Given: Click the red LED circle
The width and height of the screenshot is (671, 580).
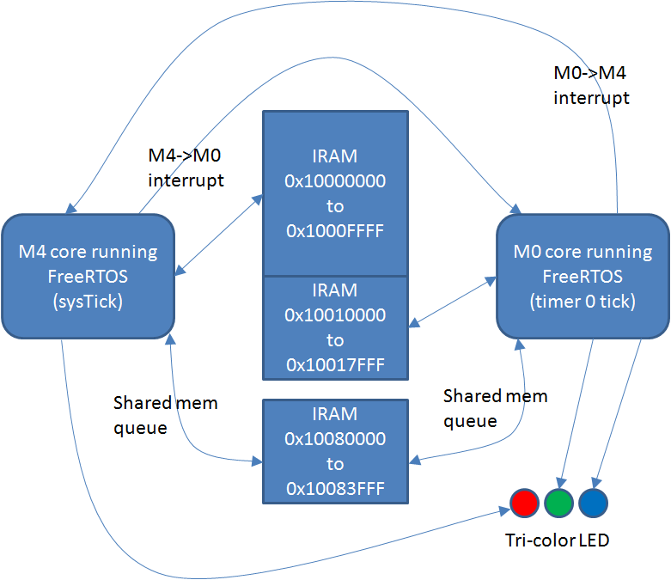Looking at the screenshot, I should coord(523,503).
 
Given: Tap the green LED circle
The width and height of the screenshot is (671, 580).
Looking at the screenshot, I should coord(558,503).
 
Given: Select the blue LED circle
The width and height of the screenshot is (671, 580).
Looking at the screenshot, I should coord(593,503).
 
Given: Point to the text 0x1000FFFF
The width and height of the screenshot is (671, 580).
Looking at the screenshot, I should coord(335,230).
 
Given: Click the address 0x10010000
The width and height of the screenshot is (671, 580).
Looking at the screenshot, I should coord(335,315).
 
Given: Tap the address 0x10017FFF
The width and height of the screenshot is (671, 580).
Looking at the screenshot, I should coord(335,365).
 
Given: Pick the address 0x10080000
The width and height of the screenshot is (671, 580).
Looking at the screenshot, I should coord(335,438).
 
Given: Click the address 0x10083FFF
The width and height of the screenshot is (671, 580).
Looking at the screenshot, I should coord(335,489).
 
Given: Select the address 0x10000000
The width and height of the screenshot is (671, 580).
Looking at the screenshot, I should coord(335,181).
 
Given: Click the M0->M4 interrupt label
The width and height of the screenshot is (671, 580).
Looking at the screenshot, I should coord(591,85).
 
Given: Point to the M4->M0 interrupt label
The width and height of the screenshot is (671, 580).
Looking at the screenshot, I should coord(186,168).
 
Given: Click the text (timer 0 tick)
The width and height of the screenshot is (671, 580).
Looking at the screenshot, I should coord(583,302).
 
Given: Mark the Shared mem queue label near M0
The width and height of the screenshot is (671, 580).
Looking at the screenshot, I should coord(495,408).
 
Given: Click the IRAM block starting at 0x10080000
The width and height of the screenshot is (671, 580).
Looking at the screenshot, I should coord(335,451).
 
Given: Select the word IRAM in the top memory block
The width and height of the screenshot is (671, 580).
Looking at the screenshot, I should coord(335,156).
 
